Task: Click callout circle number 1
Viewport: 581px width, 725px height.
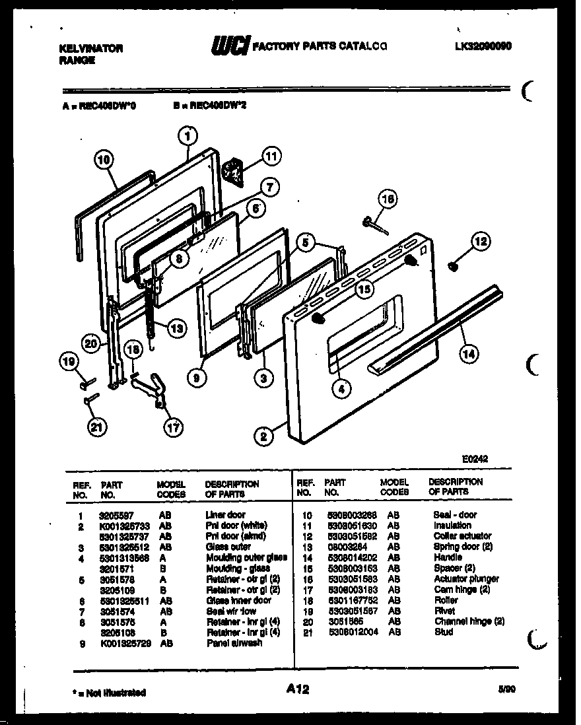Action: click(x=188, y=137)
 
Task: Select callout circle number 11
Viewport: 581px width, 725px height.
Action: click(x=271, y=156)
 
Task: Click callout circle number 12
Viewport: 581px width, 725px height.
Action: click(x=481, y=242)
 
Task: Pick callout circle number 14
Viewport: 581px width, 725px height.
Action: click(x=467, y=354)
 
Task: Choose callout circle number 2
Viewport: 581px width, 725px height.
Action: click(x=263, y=436)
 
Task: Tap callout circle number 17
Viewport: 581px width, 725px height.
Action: click(x=173, y=427)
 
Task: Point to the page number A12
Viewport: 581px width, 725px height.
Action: click(x=298, y=689)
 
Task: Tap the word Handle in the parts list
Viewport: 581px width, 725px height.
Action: click(x=448, y=557)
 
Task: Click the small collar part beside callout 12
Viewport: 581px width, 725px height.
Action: click(x=453, y=266)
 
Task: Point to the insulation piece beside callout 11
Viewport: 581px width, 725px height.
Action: click(x=233, y=170)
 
